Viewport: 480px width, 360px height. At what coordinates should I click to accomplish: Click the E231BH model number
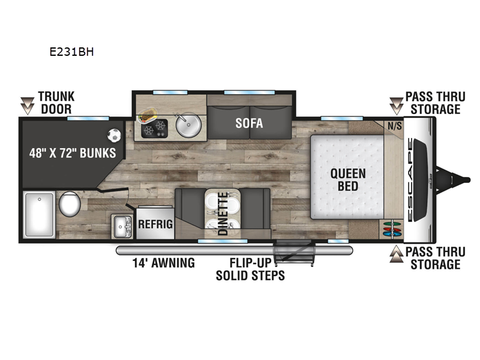point(71,52)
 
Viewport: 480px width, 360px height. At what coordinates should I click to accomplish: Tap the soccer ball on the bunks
point(114,136)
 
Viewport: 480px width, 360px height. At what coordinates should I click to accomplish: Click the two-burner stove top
point(155,128)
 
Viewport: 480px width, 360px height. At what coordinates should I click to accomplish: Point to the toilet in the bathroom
point(70,204)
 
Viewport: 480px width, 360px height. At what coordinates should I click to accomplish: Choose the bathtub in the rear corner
point(39,214)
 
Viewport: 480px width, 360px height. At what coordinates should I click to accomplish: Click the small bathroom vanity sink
point(122,227)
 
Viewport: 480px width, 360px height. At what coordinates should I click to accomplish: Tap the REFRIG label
point(155,224)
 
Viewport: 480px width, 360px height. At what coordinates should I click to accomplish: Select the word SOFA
point(249,123)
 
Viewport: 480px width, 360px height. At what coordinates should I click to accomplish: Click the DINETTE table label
point(223,214)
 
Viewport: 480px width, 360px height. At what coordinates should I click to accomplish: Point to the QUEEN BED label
point(348,179)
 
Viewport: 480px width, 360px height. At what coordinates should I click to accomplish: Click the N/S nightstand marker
point(395,126)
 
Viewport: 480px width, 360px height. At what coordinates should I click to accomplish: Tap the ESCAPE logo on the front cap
point(410,179)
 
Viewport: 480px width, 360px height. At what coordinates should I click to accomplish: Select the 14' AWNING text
point(163,263)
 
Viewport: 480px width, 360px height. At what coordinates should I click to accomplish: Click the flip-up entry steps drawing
point(294,253)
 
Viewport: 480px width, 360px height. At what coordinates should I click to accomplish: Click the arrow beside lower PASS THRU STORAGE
point(397,254)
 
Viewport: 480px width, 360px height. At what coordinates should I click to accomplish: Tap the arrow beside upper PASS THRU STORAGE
point(397,106)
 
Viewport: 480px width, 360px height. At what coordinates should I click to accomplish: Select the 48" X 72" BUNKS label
point(73,153)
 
